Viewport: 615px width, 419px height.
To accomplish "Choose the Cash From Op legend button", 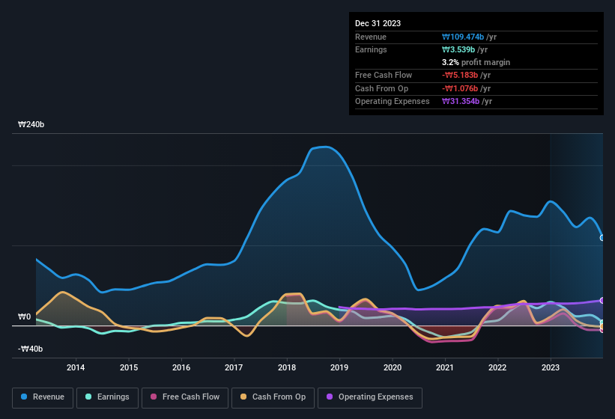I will point(272,397).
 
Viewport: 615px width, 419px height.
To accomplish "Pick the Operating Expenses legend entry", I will point(370,397).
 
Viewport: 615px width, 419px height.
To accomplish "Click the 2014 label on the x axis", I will point(75,367).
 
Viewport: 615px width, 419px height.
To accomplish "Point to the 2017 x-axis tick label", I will point(234,367).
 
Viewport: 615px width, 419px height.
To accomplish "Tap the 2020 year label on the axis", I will point(392,367).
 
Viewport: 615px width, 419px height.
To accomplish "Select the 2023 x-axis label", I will point(551,367).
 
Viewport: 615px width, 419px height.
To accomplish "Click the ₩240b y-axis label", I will point(31,125).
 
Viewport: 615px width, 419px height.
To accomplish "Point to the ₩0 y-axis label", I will point(25,317).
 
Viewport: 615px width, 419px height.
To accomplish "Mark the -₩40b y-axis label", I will point(30,349).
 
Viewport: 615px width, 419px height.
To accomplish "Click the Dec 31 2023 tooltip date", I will point(378,23).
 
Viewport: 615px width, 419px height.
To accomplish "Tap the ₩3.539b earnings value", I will point(459,49).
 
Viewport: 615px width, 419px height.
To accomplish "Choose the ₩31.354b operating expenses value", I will point(461,101).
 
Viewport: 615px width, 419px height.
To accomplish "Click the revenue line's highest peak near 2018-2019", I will point(324,147).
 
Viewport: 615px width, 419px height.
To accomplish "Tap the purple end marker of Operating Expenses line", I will point(602,300).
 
